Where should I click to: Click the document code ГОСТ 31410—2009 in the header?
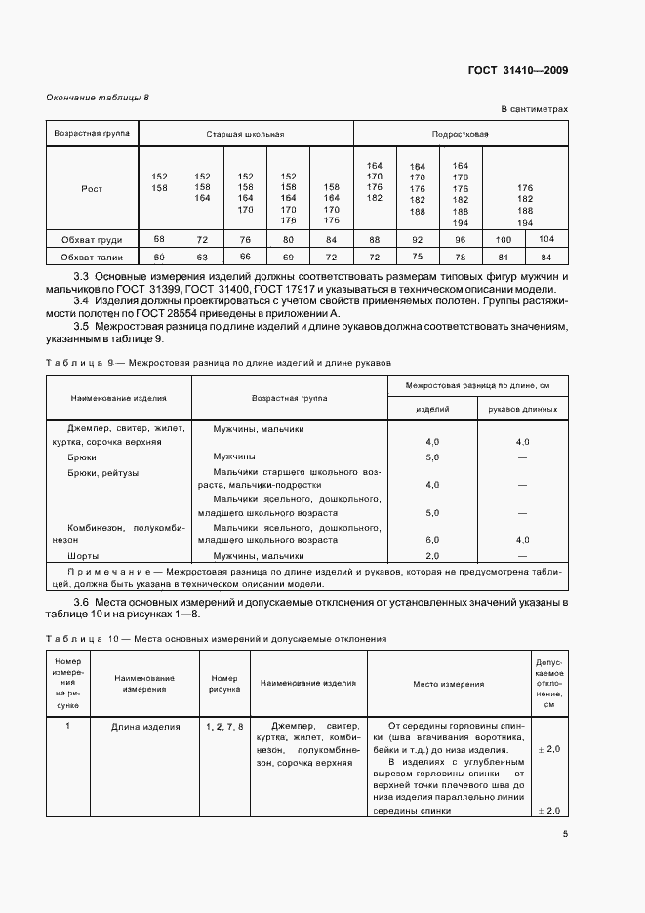[520, 70]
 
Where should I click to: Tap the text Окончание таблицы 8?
[99, 98]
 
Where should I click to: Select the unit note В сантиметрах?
[535, 110]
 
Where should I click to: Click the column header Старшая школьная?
[245, 132]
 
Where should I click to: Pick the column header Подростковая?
[461, 132]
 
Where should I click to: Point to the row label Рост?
[92, 188]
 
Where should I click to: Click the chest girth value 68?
[160, 238]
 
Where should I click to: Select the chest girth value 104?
[546, 238]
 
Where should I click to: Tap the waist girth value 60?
[160, 257]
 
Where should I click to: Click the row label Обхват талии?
[92, 257]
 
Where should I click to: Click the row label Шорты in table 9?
[81, 554]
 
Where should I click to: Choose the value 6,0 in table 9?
[432, 539]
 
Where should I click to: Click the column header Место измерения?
[448, 684]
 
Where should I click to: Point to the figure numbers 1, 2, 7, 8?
[224, 727]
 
